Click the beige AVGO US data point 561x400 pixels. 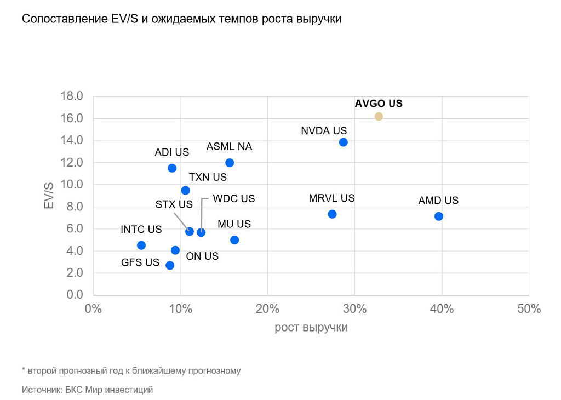[379, 116]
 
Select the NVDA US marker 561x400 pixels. [344, 142]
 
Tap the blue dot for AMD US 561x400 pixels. [439, 216]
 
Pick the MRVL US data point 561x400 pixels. [332, 214]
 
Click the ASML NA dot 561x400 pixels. [230, 163]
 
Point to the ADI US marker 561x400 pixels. [172, 168]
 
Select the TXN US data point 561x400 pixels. [185, 191]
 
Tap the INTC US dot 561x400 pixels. [141, 245]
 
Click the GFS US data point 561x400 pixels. [170, 265]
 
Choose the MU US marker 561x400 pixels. [234, 240]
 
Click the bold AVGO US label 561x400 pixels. [379, 104]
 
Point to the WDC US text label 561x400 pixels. [234, 199]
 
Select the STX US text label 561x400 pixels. [174, 204]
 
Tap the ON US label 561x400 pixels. [202, 256]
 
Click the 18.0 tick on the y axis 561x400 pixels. [71, 96]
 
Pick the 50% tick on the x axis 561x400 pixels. [529, 309]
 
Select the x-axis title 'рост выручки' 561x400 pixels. [311, 328]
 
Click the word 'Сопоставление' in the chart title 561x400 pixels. [61, 20]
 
